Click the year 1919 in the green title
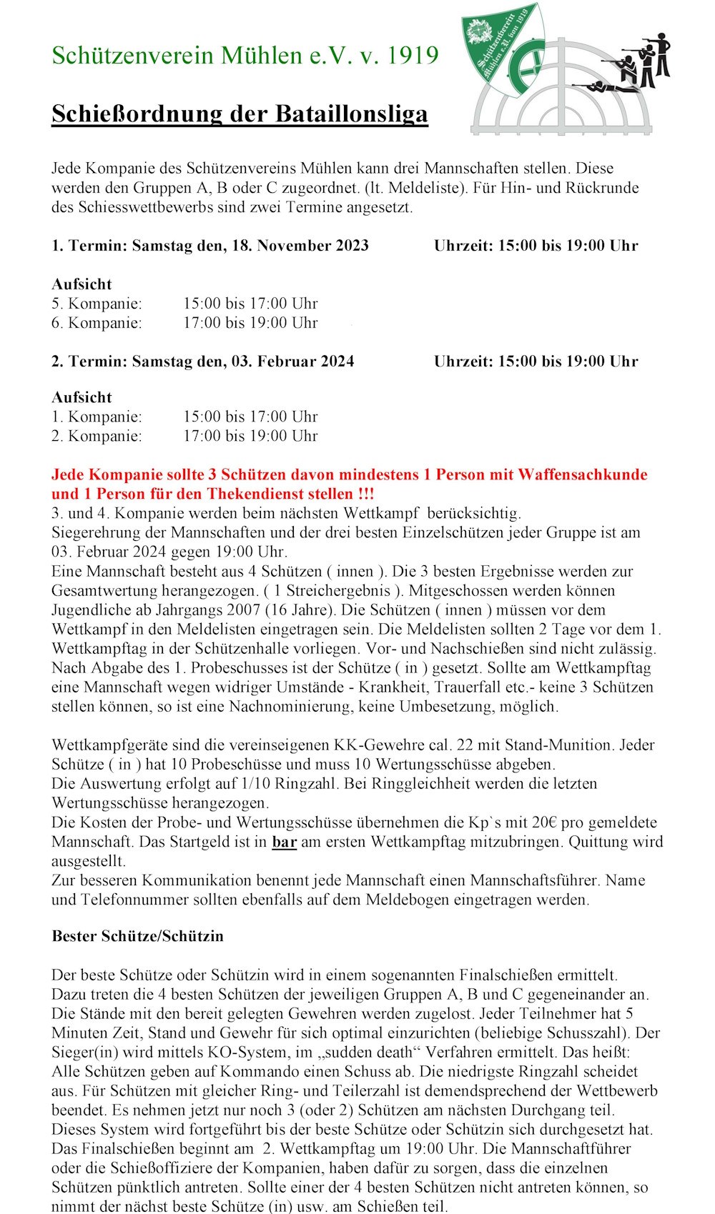413,56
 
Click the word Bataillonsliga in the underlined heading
351,114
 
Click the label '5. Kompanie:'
97,304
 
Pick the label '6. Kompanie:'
97,323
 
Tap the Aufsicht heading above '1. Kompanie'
82,398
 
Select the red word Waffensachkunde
583,475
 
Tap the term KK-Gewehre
379,745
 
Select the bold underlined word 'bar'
284,842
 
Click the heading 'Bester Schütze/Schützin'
137,937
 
